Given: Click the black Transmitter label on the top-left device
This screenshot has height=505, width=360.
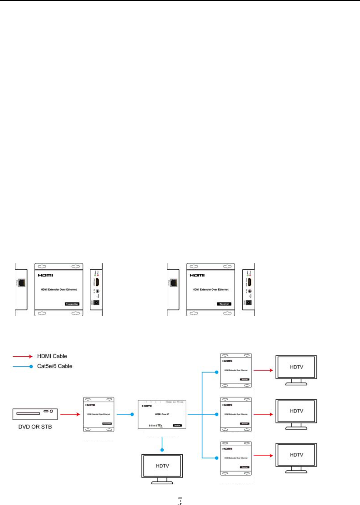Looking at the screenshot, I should [72, 304].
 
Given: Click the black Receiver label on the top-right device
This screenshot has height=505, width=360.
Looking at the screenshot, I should [224, 304].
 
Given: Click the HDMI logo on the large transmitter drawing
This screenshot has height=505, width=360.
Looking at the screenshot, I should [45, 275].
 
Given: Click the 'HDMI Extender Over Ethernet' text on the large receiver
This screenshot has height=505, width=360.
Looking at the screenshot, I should [211, 290].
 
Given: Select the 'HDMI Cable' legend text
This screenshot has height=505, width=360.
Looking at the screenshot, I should [52, 356].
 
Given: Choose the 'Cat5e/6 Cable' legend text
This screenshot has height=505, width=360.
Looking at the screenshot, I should [55, 366].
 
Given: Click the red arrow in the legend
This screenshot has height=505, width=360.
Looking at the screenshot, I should [23, 356].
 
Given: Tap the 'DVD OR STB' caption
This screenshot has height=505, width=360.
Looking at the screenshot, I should [35, 427].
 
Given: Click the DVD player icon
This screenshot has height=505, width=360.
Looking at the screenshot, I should [35, 414].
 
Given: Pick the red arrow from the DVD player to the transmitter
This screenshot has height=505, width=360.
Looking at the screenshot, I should [70, 414].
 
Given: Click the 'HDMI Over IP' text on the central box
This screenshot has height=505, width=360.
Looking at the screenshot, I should [162, 414].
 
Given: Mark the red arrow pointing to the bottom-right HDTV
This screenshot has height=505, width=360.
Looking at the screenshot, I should [263, 455].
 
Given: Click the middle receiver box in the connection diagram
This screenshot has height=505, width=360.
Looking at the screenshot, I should [236, 414].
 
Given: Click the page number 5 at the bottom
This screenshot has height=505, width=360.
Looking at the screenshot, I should [180, 501].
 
